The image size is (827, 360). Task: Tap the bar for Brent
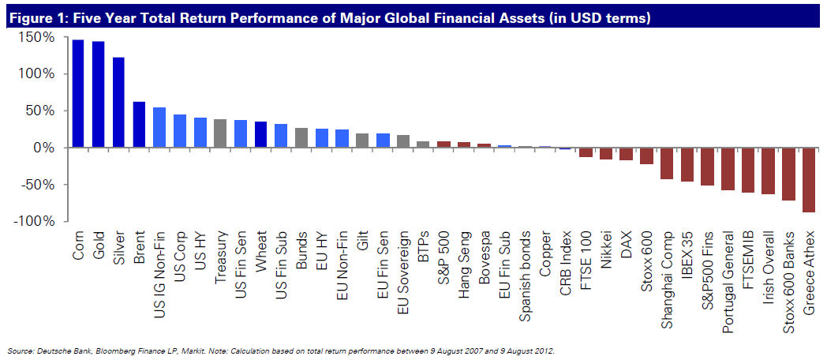(x=139, y=125)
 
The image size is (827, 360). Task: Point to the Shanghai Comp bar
(x=666, y=163)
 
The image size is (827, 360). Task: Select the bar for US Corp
(x=180, y=131)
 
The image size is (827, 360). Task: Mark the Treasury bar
(x=220, y=133)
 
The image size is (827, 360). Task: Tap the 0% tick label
(x=43, y=148)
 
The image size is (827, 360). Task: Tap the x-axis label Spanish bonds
(x=525, y=269)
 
